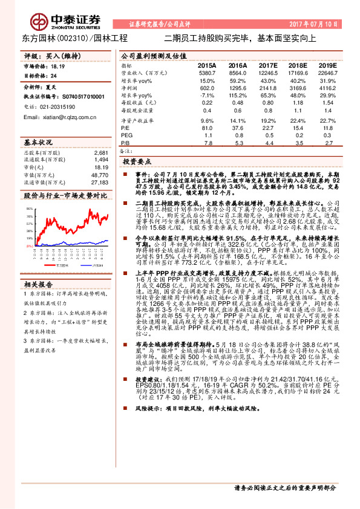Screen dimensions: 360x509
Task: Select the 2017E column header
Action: tap(267, 65)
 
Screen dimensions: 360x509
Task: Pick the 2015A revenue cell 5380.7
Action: tap(207, 72)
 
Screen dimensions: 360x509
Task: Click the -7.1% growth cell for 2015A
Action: tap(207, 96)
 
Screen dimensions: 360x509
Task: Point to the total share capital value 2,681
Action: tap(101, 153)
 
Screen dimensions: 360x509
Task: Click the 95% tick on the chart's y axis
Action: tap(28, 209)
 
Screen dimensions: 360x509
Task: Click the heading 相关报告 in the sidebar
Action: tap(38, 284)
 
